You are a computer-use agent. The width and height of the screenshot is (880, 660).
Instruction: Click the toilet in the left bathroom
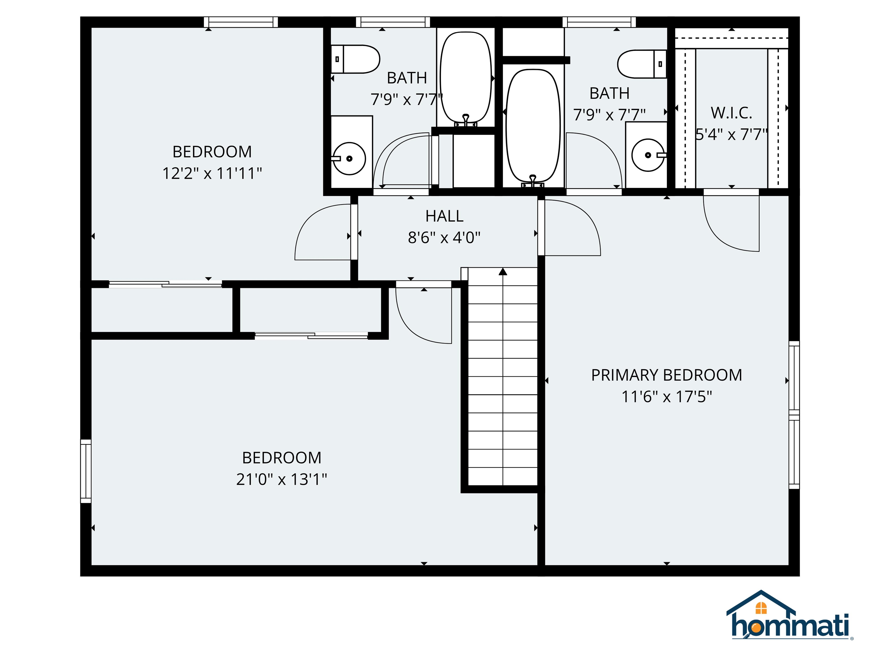355,59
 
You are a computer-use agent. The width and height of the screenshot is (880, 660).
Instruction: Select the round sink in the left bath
349,158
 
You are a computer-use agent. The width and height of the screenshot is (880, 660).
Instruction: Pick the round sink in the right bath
648,155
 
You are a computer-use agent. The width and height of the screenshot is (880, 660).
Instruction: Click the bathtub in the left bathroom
466,78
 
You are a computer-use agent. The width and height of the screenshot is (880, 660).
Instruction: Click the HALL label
444,216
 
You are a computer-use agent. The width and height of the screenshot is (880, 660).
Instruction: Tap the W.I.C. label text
731,113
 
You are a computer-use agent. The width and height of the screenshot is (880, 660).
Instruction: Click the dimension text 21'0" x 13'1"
281,479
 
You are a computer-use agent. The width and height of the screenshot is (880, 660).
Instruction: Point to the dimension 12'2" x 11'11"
212,174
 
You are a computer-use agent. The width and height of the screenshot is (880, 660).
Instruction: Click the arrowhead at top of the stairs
503,272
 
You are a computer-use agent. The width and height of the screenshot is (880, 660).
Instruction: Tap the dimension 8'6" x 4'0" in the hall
444,238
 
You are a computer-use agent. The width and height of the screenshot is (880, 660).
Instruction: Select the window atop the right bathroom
599,22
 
